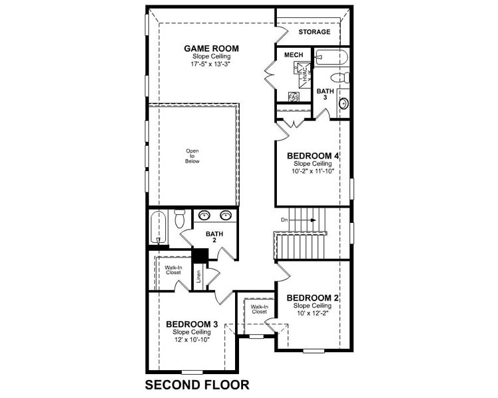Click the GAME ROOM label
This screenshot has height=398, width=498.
211,48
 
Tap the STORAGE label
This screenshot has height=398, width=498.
314,32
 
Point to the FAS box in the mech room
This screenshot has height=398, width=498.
293,97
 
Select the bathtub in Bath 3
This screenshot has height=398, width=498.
328,57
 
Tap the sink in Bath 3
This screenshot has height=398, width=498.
343,103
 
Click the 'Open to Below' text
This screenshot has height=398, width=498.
193,157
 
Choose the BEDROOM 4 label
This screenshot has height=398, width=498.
313,156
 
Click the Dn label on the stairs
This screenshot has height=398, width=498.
284,220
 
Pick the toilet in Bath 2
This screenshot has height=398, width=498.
179,219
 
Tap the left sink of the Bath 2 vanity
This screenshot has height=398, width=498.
205,216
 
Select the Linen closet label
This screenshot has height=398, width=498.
198,276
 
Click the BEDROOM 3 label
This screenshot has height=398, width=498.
191,324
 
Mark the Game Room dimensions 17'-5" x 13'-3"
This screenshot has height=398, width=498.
211,65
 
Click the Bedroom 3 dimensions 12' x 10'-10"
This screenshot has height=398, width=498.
191,339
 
